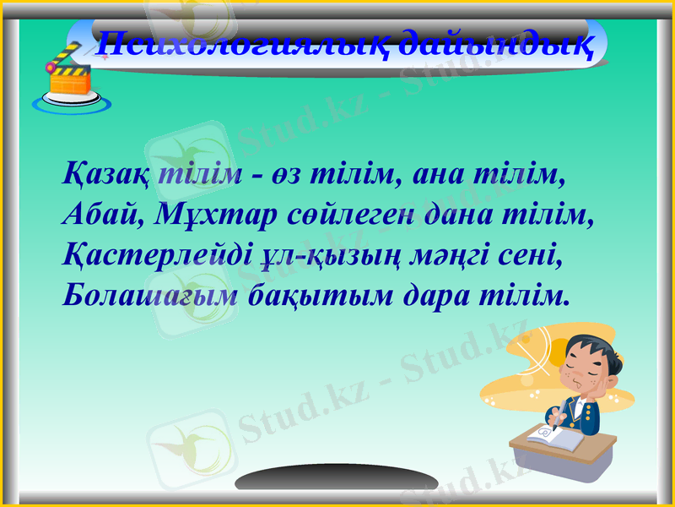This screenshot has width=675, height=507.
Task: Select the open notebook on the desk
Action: (x=552, y=439)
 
